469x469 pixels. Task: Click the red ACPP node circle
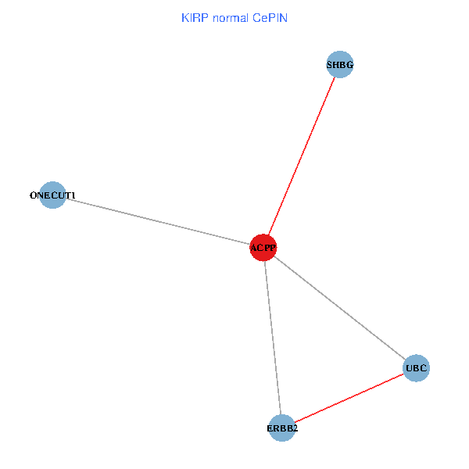pyautogui.click(x=263, y=248)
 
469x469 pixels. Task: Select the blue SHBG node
pyautogui.click(x=340, y=66)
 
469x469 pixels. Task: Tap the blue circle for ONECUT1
pyautogui.click(x=52, y=195)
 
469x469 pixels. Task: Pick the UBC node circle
pyautogui.click(x=417, y=367)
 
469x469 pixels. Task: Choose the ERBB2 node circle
pyautogui.click(x=282, y=428)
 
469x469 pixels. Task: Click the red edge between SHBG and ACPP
pyautogui.click(x=302, y=156)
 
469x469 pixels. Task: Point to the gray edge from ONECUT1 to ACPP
pyautogui.click(x=156, y=221)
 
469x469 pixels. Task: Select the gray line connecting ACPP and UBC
pyautogui.click(x=340, y=308)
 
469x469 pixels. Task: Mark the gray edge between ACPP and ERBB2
pyautogui.click(x=273, y=338)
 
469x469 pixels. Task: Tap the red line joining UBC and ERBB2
pyautogui.click(x=349, y=398)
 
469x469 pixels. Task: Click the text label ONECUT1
pyautogui.click(x=52, y=195)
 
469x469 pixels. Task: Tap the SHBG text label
pyautogui.click(x=340, y=66)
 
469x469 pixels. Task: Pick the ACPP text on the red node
pyautogui.click(x=263, y=249)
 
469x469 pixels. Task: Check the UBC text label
pyautogui.click(x=417, y=367)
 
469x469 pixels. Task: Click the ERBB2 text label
pyautogui.click(x=282, y=428)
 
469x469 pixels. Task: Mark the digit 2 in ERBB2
pyautogui.click(x=295, y=428)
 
